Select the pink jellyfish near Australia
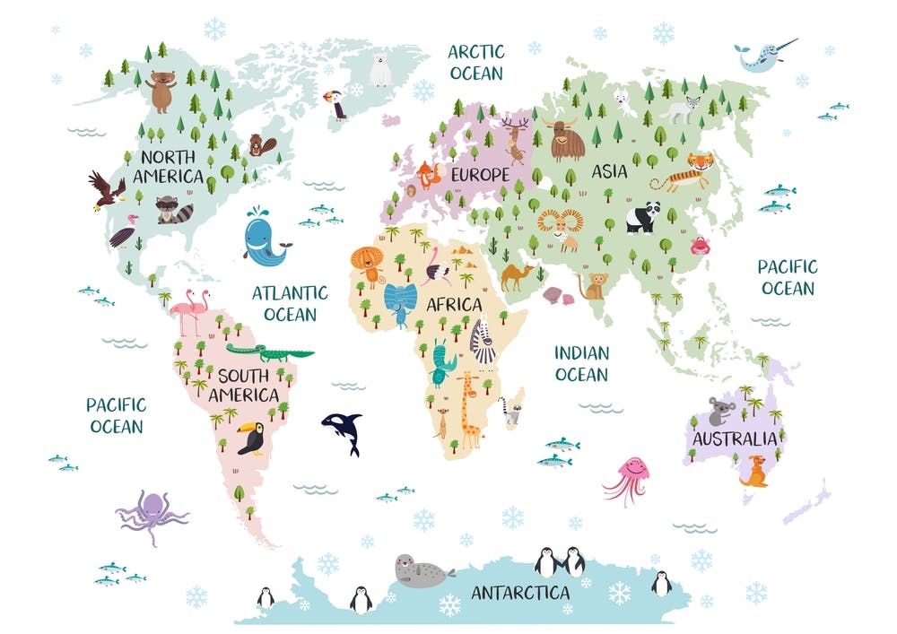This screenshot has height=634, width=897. pyautogui.click(x=629, y=475)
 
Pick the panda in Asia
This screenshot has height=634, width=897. pyautogui.click(x=643, y=217)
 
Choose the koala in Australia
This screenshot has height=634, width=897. pyautogui.click(x=719, y=411)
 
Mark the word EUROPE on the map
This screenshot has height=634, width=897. pyautogui.click(x=480, y=175)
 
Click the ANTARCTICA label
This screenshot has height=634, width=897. pyautogui.click(x=520, y=593)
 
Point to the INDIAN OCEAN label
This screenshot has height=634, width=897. pyautogui.click(x=581, y=363)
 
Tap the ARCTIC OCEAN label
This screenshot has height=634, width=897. pyautogui.click(x=476, y=62)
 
